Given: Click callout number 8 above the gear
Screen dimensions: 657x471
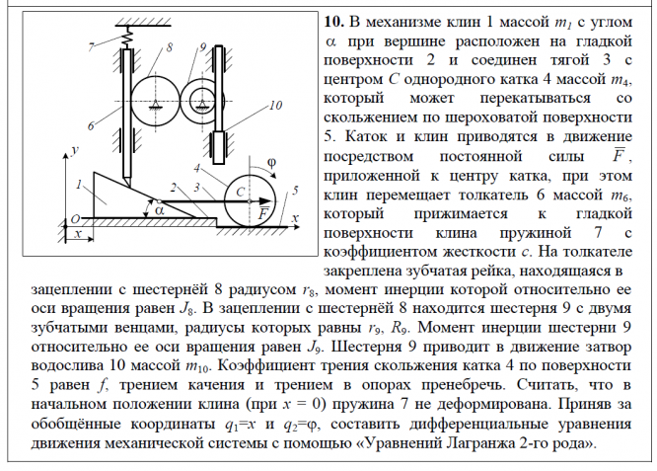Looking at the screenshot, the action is (170, 46).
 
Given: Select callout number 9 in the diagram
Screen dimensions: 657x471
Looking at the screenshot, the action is (201, 46).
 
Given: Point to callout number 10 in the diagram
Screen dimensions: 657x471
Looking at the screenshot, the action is (275, 104).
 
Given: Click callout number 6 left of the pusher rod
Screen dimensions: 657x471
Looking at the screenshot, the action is (90, 125).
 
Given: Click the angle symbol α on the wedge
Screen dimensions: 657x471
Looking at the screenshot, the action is (159, 209).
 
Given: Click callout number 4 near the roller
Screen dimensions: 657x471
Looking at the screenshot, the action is (212, 169).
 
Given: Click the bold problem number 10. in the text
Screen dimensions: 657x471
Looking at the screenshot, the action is (335, 22).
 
